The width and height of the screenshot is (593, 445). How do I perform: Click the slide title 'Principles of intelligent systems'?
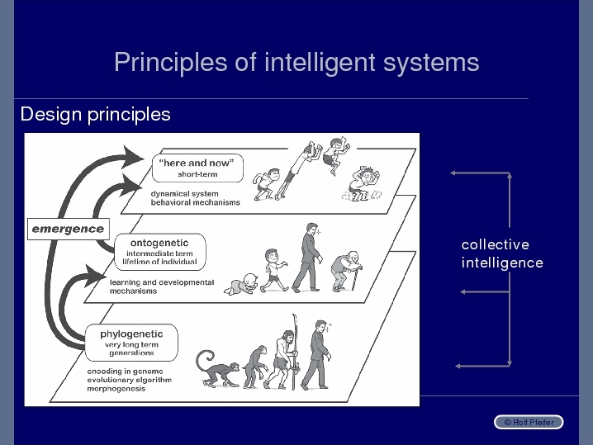coord(296,63)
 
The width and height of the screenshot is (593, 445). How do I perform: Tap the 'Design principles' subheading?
coord(95,114)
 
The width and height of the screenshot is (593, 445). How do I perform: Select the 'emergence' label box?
coord(69,230)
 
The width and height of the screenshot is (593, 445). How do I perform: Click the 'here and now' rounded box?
coord(197,168)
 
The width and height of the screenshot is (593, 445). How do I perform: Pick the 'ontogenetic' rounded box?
coord(160,252)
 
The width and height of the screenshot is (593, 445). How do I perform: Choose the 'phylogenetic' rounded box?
coord(131,343)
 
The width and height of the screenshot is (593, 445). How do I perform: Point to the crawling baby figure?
coord(241,284)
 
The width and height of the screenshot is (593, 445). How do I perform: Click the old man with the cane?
coord(346,271)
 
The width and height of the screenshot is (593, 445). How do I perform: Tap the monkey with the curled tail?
coord(216,368)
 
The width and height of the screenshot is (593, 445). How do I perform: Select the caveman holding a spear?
coord(282,355)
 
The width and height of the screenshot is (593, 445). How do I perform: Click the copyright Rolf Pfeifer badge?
coord(529,423)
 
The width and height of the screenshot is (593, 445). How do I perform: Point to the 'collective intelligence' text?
coord(502,253)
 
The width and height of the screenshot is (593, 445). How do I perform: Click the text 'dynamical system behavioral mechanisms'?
coord(195,198)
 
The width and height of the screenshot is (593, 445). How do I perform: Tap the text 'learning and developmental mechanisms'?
coord(162,286)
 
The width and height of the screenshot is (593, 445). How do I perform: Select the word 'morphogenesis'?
coord(116,389)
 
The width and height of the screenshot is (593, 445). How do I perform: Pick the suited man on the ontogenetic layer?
coord(307,258)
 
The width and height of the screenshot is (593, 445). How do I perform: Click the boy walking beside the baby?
coord(274,270)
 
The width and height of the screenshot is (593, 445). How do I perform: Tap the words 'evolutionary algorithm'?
coord(130,380)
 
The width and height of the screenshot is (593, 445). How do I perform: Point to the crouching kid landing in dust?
coord(363,184)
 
